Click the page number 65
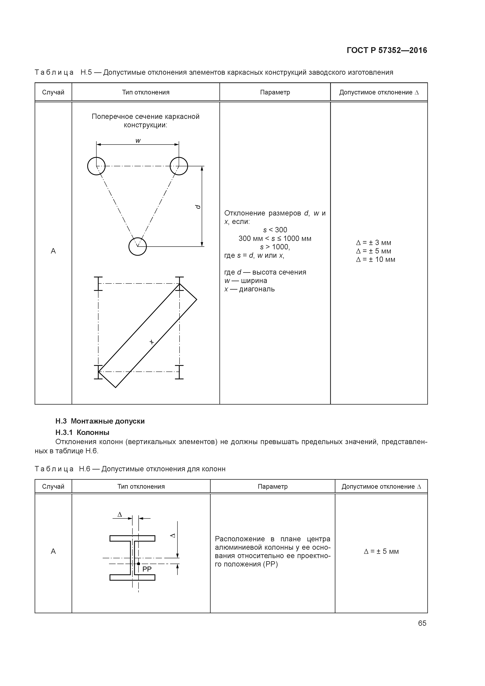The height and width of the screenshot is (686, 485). [x=422, y=623]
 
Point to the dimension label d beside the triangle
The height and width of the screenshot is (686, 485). [x=198, y=207]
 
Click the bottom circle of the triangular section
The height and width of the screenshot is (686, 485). [x=137, y=246]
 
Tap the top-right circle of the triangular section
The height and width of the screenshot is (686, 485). [x=179, y=166]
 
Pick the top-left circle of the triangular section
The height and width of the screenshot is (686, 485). [x=96, y=166]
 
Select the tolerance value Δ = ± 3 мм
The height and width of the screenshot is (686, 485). [x=374, y=243]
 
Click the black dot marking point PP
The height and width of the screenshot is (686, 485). [x=138, y=564]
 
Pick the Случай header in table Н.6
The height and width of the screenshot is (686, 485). [x=53, y=486]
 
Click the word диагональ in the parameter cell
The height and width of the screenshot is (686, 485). [x=257, y=289]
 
